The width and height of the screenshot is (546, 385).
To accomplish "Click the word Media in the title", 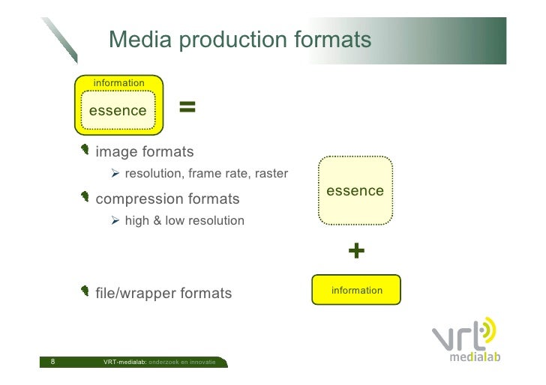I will tap(140, 40).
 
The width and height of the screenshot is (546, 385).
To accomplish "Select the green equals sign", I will tap(187, 108).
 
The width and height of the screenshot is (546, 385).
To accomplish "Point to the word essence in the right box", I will tap(355, 191).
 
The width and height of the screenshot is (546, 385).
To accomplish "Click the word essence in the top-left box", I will tap(118, 111).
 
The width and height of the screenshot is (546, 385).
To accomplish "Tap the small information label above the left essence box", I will tap(118, 82).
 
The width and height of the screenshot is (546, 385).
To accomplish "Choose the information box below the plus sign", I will tap(356, 290).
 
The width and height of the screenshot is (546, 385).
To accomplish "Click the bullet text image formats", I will tap(145, 152).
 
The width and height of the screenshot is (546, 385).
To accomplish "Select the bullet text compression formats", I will tap(168, 199).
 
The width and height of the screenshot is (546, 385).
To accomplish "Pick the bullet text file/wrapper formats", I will tap(163, 293).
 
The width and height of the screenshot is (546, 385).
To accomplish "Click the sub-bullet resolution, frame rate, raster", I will tap(206, 175).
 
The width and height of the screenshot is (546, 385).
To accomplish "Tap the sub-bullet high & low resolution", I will tap(184, 221).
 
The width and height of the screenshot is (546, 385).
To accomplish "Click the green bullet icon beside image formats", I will tap(86, 151).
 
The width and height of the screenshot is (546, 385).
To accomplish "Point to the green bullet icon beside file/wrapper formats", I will tap(86, 292).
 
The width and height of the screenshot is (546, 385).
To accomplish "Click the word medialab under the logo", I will tap(474, 357).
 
